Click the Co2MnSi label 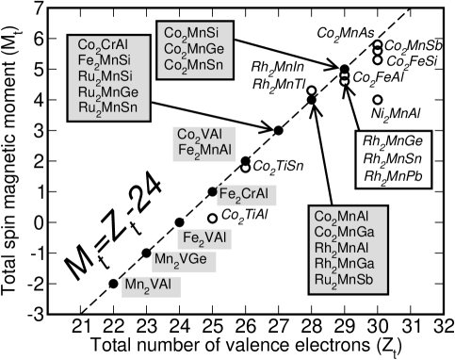(x=191, y=34)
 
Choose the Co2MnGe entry (x=194, y=49)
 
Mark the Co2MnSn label (x=194, y=65)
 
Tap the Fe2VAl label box (x=204, y=238)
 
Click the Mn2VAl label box (x=151, y=285)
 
